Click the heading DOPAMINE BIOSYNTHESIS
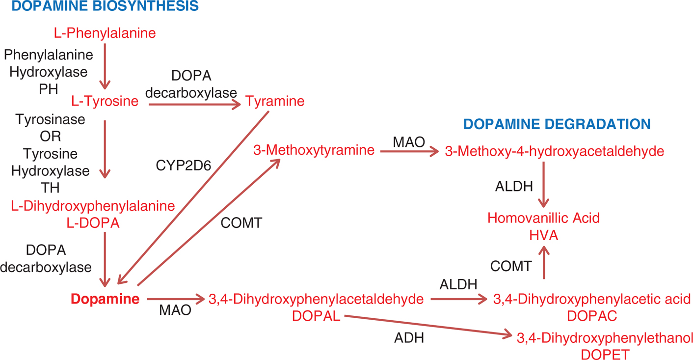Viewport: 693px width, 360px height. (100, 6)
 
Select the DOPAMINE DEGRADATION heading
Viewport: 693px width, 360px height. (557, 124)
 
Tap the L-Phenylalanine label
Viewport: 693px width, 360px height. (105, 33)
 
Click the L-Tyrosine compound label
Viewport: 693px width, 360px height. (105, 102)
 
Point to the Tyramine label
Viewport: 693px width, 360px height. (275, 102)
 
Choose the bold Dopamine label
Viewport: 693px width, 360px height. (105, 299)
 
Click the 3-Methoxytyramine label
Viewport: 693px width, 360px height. (314, 150)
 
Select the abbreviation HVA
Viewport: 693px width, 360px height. (543, 236)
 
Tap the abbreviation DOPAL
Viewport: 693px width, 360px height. (316, 316)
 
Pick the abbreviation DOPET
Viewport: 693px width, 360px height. (604, 354)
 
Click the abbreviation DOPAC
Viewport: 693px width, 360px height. (591, 316)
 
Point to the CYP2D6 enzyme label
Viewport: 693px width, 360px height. (183, 166)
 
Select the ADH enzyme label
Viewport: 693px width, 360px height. (409, 338)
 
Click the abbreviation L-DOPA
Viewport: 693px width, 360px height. (93, 223)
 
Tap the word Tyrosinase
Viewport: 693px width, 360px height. (50, 119)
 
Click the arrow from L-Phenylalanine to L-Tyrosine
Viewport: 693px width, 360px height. (105, 66)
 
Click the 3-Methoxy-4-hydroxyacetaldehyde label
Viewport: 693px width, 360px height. (554, 151)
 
